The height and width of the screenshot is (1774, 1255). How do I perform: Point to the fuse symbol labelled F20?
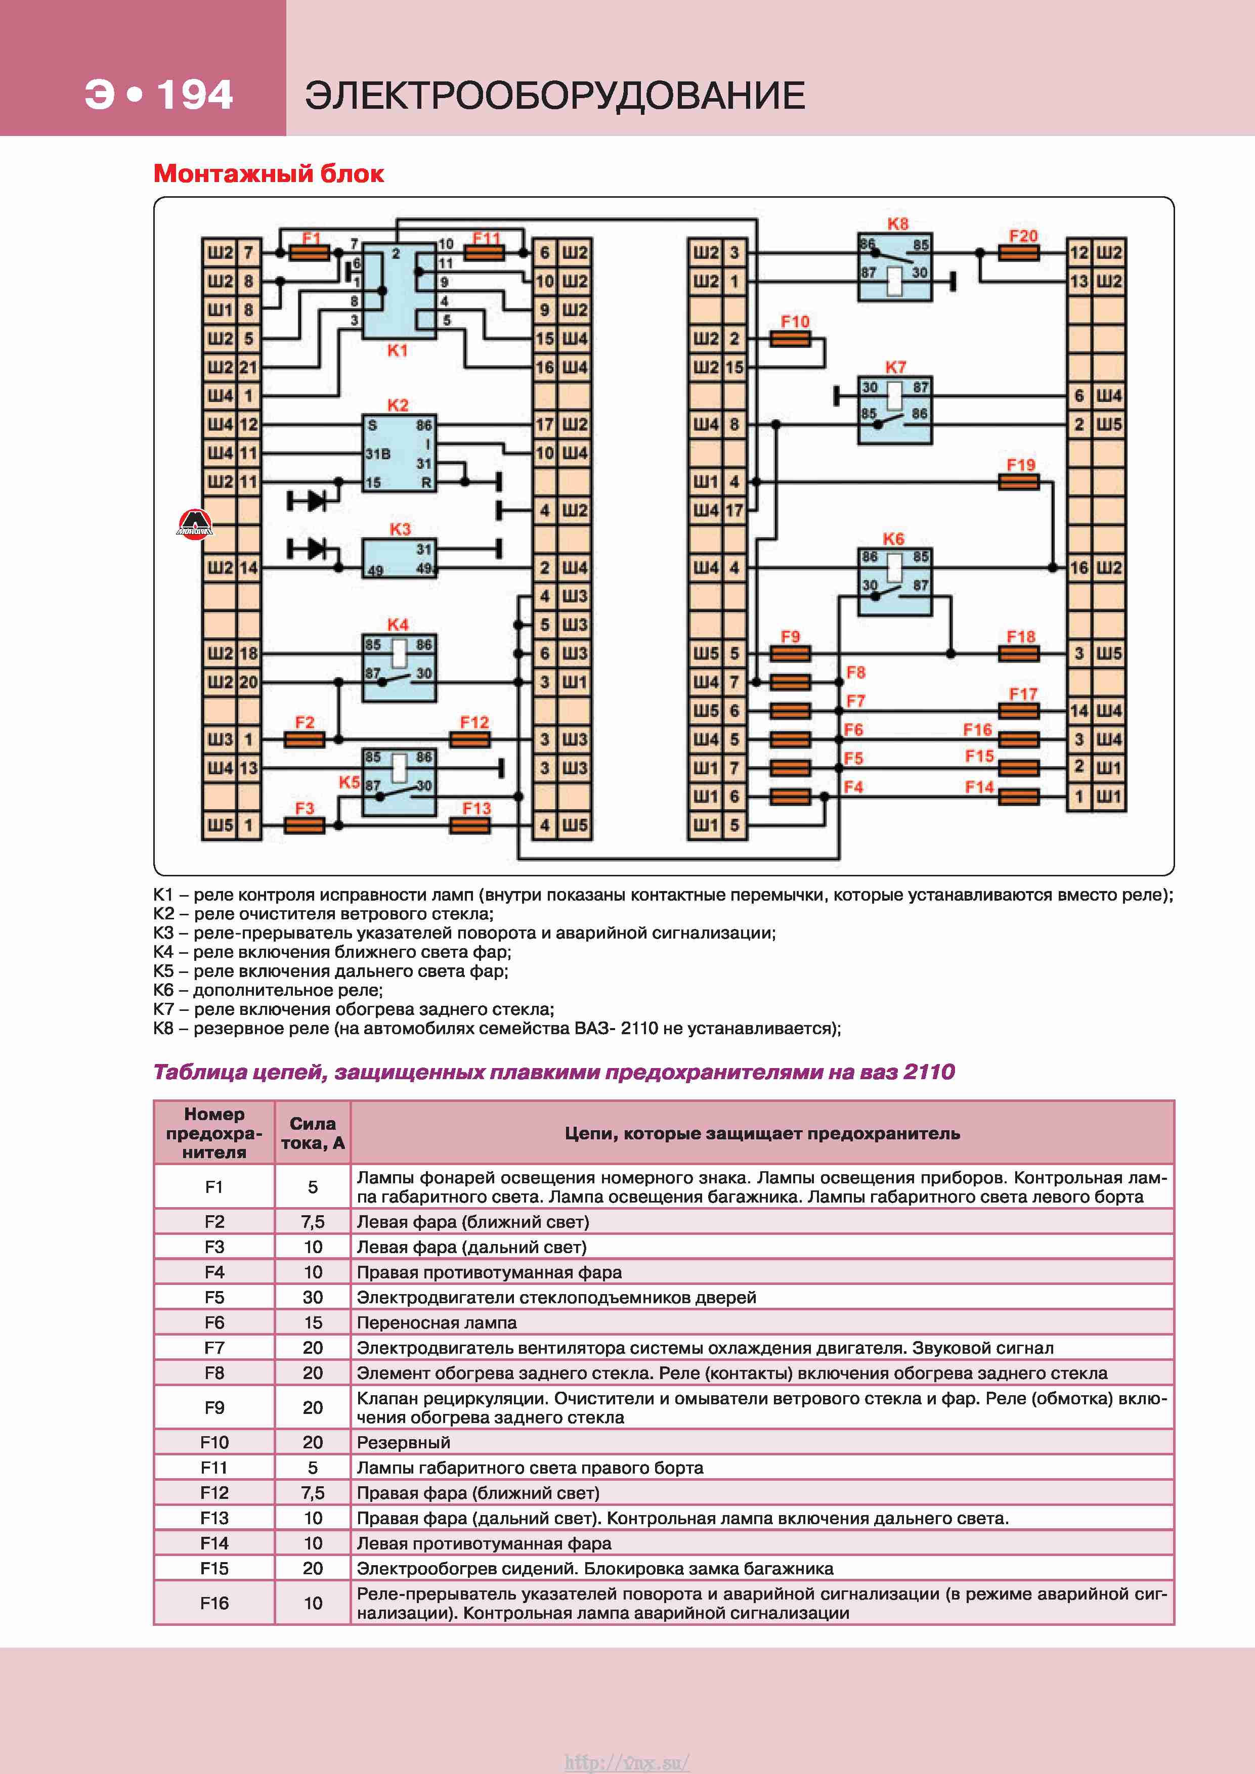tap(1019, 253)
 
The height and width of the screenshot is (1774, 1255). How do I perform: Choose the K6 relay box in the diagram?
tap(895, 582)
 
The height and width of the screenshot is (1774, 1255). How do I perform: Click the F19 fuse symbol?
tap(1019, 482)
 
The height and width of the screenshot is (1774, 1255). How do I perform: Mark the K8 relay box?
tap(895, 267)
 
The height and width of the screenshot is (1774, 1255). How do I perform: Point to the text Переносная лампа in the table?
tap(437, 1323)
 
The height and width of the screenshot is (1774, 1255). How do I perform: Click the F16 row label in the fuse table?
tap(214, 1603)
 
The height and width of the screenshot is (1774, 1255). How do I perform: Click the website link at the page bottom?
tap(627, 1762)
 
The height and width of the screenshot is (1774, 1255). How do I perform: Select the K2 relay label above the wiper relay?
tap(397, 405)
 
